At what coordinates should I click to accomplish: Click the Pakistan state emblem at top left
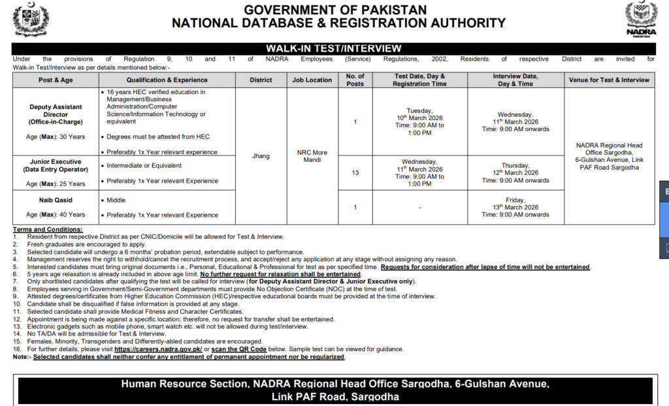coord(31,20)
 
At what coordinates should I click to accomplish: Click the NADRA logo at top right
coord(641,19)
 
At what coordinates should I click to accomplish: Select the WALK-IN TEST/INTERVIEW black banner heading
coord(333,48)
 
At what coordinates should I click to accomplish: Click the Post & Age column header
coord(56,80)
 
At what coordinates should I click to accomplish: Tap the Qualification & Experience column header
coord(168,80)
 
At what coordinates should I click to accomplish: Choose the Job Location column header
coord(312,80)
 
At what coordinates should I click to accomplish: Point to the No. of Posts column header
coord(355,80)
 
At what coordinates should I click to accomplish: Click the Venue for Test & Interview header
coord(609,80)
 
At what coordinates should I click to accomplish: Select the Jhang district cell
coord(261,156)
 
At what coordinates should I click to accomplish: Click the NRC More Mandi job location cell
coord(312,156)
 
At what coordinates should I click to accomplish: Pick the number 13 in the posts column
coord(355,173)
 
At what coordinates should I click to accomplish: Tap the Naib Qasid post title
coord(56,200)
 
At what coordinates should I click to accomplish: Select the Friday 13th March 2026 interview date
coord(515,207)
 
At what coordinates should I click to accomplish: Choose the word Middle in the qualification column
coord(116,200)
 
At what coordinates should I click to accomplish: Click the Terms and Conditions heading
coord(48,230)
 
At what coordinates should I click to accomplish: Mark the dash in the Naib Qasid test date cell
coord(419,208)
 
